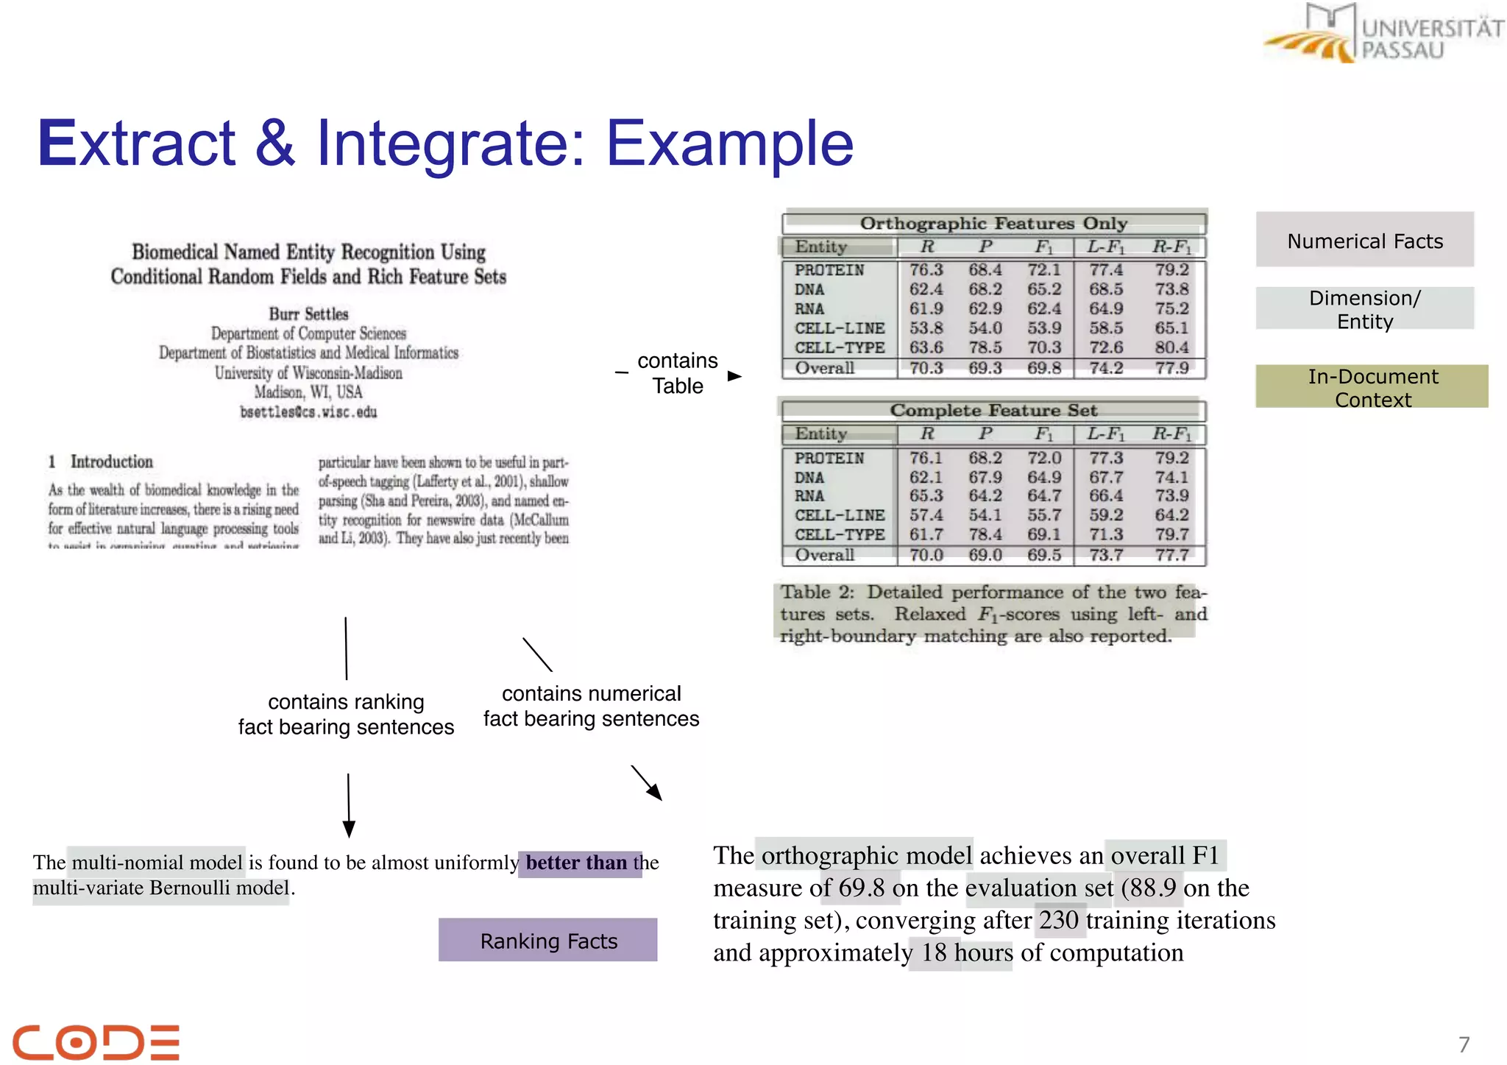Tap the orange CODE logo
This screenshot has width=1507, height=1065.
(96, 1041)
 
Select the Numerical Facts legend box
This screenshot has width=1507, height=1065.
(1364, 241)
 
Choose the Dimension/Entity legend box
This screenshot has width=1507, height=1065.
(1364, 309)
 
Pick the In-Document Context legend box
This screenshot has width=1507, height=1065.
(1372, 387)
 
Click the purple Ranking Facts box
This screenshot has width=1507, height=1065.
(548, 940)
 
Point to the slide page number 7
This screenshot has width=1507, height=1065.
(1464, 1044)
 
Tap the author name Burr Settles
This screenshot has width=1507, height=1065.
(308, 314)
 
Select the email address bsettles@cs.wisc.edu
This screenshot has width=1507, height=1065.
(308, 412)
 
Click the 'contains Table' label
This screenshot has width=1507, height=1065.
(677, 373)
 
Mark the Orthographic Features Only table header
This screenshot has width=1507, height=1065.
(993, 223)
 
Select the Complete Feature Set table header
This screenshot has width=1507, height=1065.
(993, 410)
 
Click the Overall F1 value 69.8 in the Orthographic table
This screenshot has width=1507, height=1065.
(1044, 368)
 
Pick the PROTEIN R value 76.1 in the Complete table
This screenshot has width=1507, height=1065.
(926, 458)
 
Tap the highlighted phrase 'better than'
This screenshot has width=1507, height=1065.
(576, 863)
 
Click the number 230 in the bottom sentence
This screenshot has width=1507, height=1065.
(1059, 920)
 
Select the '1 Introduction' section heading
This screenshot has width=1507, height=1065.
(101, 462)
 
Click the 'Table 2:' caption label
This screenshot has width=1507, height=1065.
(817, 592)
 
